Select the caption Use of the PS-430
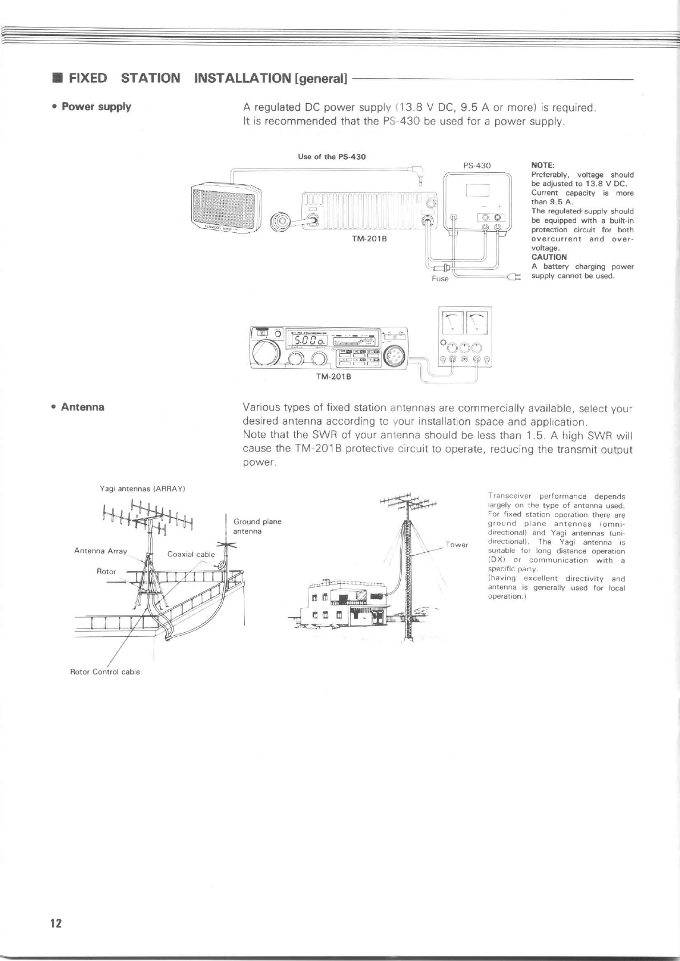[332, 156]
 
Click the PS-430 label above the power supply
[477, 165]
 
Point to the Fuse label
[440, 278]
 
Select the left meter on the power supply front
[453, 324]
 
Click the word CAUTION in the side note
[549, 257]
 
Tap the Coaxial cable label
[191, 554]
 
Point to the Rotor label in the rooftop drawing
[106, 571]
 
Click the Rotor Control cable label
[104, 672]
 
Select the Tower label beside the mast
[457, 544]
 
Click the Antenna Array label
[100, 551]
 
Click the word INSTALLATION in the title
[242, 78]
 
